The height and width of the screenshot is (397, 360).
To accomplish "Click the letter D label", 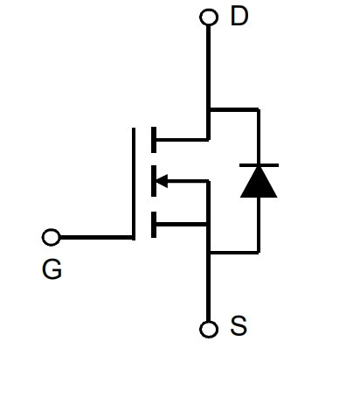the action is pyautogui.click(x=239, y=16).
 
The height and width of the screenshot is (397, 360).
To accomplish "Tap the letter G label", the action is pyautogui.click(x=52, y=269).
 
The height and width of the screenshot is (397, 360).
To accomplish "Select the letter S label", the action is pyautogui.click(x=239, y=325).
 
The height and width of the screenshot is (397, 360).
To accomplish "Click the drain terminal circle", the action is pyautogui.click(x=209, y=17).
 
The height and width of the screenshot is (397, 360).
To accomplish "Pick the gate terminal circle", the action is pyautogui.click(x=52, y=237).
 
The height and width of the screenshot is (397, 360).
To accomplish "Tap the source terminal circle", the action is pyautogui.click(x=209, y=330).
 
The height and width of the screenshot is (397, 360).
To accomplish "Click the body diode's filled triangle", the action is pyautogui.click(x=259, y=182).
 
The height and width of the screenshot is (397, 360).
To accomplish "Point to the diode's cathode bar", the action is pyautogui.click(x=259, y=165).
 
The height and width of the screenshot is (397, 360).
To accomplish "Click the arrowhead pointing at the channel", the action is pyautogui.click(x=162, y=181).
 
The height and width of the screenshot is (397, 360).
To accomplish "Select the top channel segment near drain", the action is pyautogui.click(x=154, y=140).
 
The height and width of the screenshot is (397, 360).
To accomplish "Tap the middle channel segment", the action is pyautogui.click(x=154, y=181).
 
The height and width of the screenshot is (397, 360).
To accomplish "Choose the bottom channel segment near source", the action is pyautogui.click(x=154, y=225).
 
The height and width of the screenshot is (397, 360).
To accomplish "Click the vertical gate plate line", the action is pyautogui.click(x=134, y=184).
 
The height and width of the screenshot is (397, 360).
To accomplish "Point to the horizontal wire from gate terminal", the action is pyautogui.click(x=96, y=238).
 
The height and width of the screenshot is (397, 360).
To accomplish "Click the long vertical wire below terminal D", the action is pyautogui.click(x=208, y=83).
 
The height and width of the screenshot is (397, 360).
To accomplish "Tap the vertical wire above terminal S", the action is pyautogui.click(x=208, y=287).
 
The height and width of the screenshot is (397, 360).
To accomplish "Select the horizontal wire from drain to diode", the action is pyautogui.click(x=234, y=109).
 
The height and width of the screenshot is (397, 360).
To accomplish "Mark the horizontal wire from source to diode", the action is pyautogui.click(x=234, y=252).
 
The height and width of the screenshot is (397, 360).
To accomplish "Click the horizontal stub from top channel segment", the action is pyautogui.click(x=183, y=140).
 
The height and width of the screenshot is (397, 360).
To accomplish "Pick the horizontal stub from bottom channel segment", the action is pyautogui.click(x=182, y=225).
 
